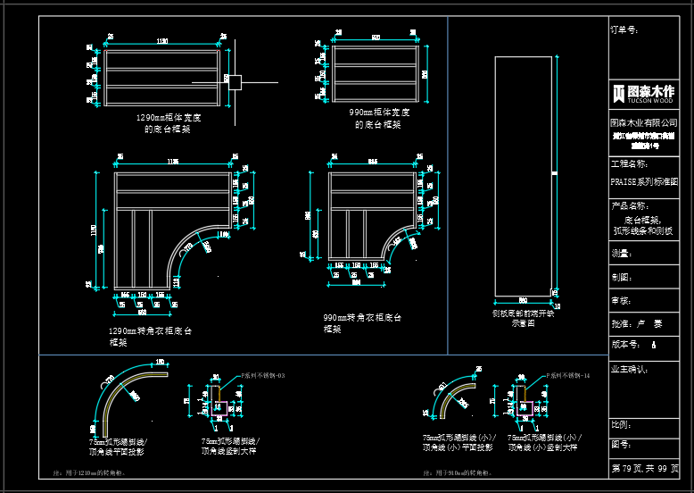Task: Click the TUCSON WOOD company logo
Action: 643,93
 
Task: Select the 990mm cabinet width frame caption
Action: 379,119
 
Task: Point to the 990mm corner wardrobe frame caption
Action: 361,322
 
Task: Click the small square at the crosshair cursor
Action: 235,81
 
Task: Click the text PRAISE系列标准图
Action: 643,181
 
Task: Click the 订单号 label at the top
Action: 624,29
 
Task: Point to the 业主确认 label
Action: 629,368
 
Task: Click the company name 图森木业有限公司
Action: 643,121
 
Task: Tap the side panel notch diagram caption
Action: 524,318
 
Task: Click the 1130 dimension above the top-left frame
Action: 162,41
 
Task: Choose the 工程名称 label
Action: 628,164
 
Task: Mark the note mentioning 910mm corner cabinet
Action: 459,472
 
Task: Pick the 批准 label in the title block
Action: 621,323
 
